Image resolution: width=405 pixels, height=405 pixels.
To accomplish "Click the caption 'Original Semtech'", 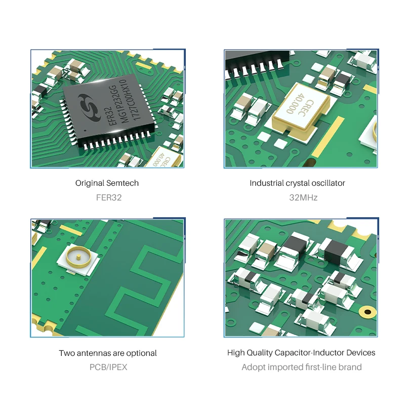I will (107, 183).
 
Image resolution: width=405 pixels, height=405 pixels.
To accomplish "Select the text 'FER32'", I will (108, 197).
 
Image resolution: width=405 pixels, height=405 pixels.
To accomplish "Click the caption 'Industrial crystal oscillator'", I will (297, 183).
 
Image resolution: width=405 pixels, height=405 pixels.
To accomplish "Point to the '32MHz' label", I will (303, 197).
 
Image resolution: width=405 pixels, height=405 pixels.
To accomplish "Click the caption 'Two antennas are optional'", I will (108, 353).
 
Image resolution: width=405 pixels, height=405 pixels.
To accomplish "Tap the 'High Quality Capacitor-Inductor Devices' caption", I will (301, 353).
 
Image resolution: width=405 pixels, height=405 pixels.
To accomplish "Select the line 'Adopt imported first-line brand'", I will (301, 367).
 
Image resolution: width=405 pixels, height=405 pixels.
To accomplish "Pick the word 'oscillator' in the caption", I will (328, 183).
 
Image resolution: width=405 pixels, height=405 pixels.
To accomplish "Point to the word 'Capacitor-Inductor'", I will (311, 353).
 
